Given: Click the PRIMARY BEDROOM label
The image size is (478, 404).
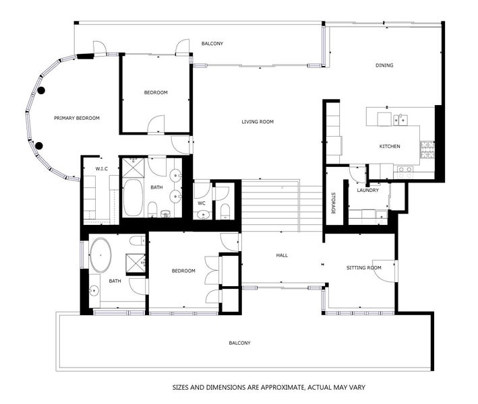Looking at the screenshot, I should click(77, 118).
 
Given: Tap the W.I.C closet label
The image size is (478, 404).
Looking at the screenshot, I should click(102, 168).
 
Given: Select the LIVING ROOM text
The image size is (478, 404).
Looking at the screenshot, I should click(258, 122).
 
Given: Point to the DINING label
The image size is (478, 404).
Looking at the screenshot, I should click(384, 65).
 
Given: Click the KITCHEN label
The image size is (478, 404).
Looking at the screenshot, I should click(390, 146).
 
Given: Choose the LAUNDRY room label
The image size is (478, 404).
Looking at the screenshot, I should click(368, 190).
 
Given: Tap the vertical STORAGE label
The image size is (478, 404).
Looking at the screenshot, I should click(333, 204).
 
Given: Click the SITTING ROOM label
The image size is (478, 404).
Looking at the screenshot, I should click(364, 267).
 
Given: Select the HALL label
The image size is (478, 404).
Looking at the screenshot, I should click(282, 255).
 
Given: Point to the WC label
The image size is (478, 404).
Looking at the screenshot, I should click(201, 203).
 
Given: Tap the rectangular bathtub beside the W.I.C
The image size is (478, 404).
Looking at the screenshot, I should click(133, 198).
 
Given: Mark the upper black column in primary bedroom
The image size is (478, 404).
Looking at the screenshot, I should click(40, 90).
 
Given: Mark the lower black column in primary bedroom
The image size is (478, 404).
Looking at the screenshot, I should click(39, 145).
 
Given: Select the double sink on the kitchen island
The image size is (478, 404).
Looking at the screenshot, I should click(401, 120).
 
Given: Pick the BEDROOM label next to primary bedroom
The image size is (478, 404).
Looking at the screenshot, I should click(156, 92).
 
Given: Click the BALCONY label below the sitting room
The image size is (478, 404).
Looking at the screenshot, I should click(239, 343).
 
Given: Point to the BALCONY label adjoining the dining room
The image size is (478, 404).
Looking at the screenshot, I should click(212, 44).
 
